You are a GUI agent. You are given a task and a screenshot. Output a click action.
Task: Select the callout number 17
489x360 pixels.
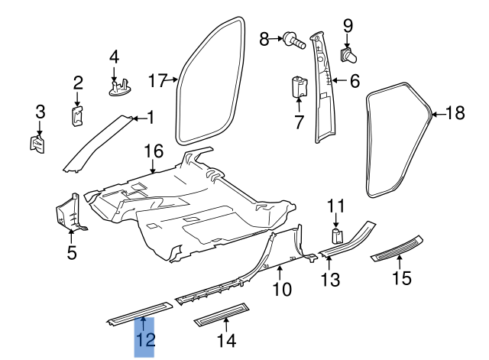coord(157,79)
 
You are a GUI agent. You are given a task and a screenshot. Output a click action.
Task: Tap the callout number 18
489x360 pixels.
coord(454,113)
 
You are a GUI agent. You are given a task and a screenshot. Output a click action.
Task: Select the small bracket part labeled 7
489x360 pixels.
coord(299,87)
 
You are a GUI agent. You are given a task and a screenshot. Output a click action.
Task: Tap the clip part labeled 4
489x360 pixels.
coord(118,88)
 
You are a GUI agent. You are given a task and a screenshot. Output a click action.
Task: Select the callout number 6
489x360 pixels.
coord(355,79)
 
